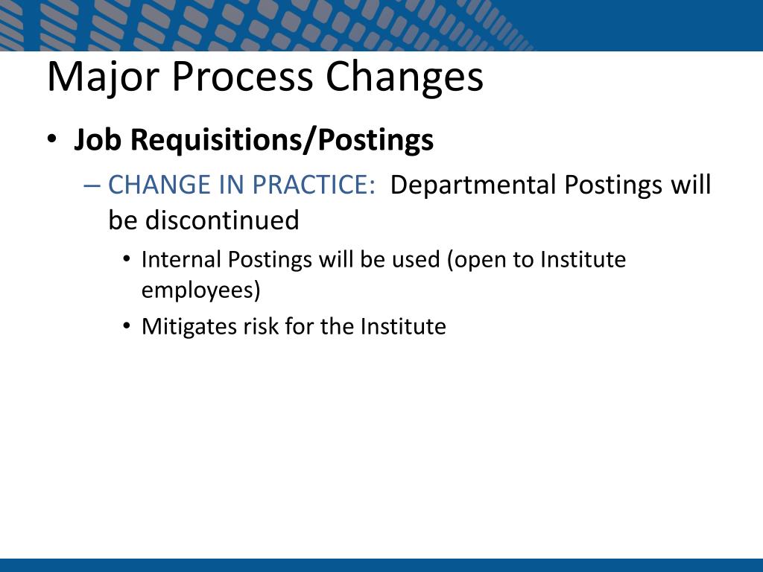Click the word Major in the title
(x=103, y=77)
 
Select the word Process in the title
(x=242, y=77)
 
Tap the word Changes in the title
(x=405, y=77)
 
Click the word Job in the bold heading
(x=98, y=139)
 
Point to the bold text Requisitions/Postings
(x=282, y=141)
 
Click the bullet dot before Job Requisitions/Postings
(x=51, y=139)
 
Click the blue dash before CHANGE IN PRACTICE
(x=92, y=185)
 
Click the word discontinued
(x=222, y=220)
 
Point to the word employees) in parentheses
(x=201, y=290)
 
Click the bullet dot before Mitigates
(x=127, y=325)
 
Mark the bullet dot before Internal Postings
(x=127, y=258)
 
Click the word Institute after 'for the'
(x=403, y=326)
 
